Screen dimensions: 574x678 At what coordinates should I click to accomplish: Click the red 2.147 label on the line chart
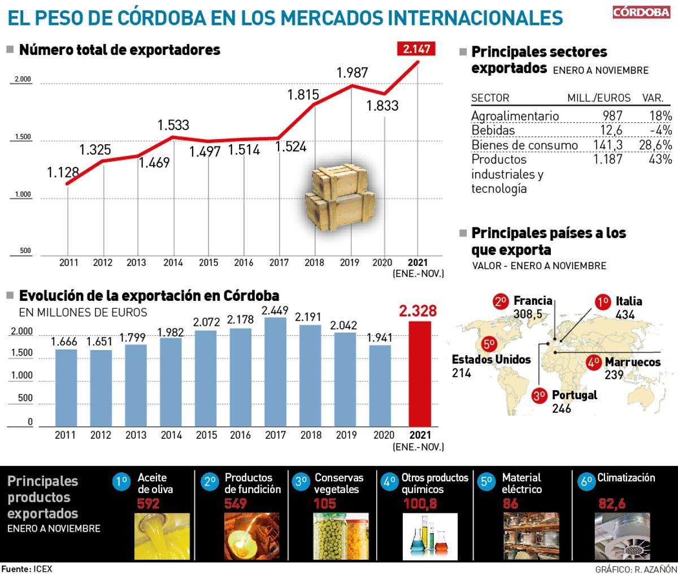(x=416, y=49)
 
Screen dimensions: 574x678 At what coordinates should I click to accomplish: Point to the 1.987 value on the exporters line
(x=352, y=72)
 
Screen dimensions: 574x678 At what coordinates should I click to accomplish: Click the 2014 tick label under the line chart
(x=172, y=262)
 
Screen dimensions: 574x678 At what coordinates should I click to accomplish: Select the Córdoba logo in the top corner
(x=641, y=12)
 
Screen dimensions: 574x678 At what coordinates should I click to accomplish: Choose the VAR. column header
(x=653, y=98)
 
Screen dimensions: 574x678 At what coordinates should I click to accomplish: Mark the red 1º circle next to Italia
(x=602, y=302)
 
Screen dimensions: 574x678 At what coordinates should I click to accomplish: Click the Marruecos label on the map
(x=632, y=362)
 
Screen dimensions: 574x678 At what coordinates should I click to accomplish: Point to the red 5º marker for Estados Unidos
(x=488, y=344)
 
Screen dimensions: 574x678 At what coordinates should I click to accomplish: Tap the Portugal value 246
(x=562, y=408)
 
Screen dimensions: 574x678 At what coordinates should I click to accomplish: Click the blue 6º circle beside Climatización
(x=586, y=481)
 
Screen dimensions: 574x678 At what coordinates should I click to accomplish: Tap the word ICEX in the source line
(x=42, y=569)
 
